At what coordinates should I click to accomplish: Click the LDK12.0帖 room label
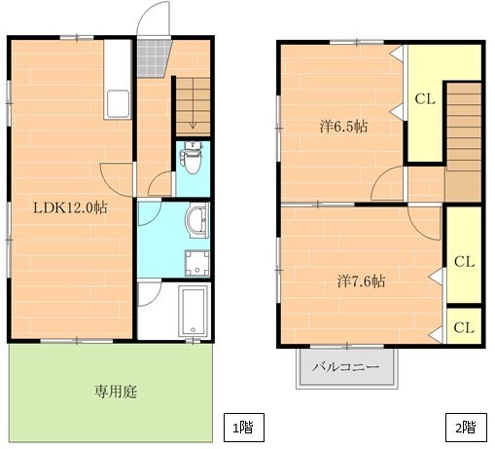click(70, 207)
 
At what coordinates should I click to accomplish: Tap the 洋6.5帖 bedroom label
click(344, 127)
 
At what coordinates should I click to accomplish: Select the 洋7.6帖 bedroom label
click(361, 281)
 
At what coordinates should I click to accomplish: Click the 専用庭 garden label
click(116, 392)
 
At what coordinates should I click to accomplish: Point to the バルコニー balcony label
click(345, 367)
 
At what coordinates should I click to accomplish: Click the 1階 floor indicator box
click(244, 428)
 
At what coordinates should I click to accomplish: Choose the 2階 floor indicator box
click(466, 428)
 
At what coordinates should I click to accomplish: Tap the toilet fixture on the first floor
click(193, 158)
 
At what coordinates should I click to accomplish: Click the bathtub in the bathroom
click(194, 312)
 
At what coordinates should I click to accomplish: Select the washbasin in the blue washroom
click(197, 220)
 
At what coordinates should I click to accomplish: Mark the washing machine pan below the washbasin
click(197, 264)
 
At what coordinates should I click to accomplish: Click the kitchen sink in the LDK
click(118, 104)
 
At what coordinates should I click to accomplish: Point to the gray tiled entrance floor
click(153, 58)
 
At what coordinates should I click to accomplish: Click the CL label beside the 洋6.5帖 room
click(425, 98)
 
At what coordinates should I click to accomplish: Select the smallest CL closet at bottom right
click(464, 326)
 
